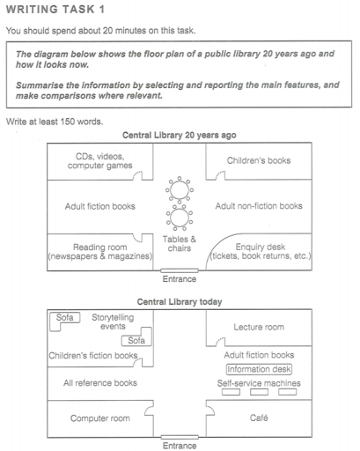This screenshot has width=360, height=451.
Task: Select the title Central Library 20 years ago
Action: click(180, 136)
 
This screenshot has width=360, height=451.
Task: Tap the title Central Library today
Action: click(180, 301)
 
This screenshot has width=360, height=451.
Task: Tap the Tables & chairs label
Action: click(180, 244)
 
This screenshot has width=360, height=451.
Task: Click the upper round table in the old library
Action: click(180, 189)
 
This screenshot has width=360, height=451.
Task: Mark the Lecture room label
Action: click(258, 327)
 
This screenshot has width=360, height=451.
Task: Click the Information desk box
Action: click(259, 369)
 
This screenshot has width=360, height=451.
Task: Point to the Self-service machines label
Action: click(259, 384)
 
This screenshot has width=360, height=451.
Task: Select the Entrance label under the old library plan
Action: click(180, 278)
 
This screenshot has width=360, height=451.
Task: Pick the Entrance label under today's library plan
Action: click(180, 445)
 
